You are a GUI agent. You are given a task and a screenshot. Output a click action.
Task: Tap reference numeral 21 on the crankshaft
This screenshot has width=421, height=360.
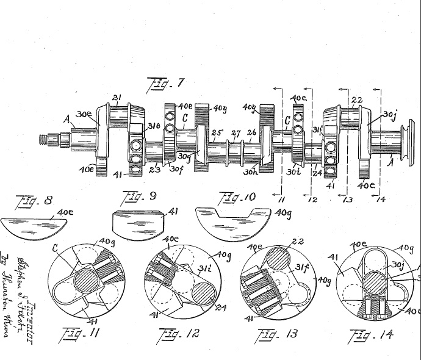coord(117,98)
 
